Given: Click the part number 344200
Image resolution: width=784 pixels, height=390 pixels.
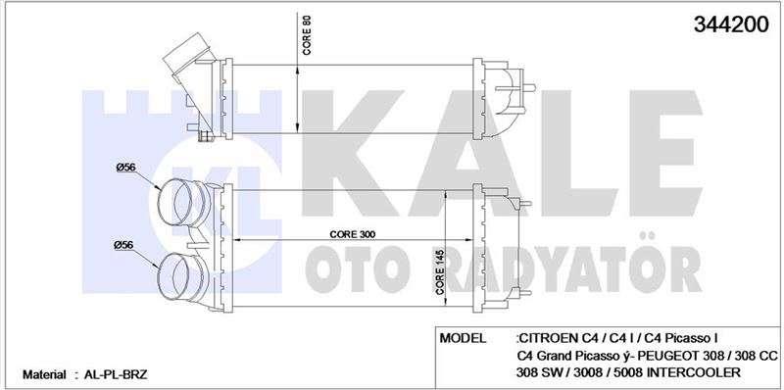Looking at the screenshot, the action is click(730, 24).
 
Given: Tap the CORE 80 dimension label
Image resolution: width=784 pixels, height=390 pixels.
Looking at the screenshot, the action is click(307, 34).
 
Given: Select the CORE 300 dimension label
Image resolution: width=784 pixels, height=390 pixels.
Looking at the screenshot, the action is click(353, 234).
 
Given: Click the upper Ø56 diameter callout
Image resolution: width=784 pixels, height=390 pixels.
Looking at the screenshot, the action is click(125, 168).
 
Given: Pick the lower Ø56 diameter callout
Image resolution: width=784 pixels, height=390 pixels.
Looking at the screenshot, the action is click(124, 245).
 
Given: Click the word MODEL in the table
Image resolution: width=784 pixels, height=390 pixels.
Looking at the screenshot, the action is click(463, 338).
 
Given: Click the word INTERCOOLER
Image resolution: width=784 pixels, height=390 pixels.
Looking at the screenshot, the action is click(698, 372).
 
